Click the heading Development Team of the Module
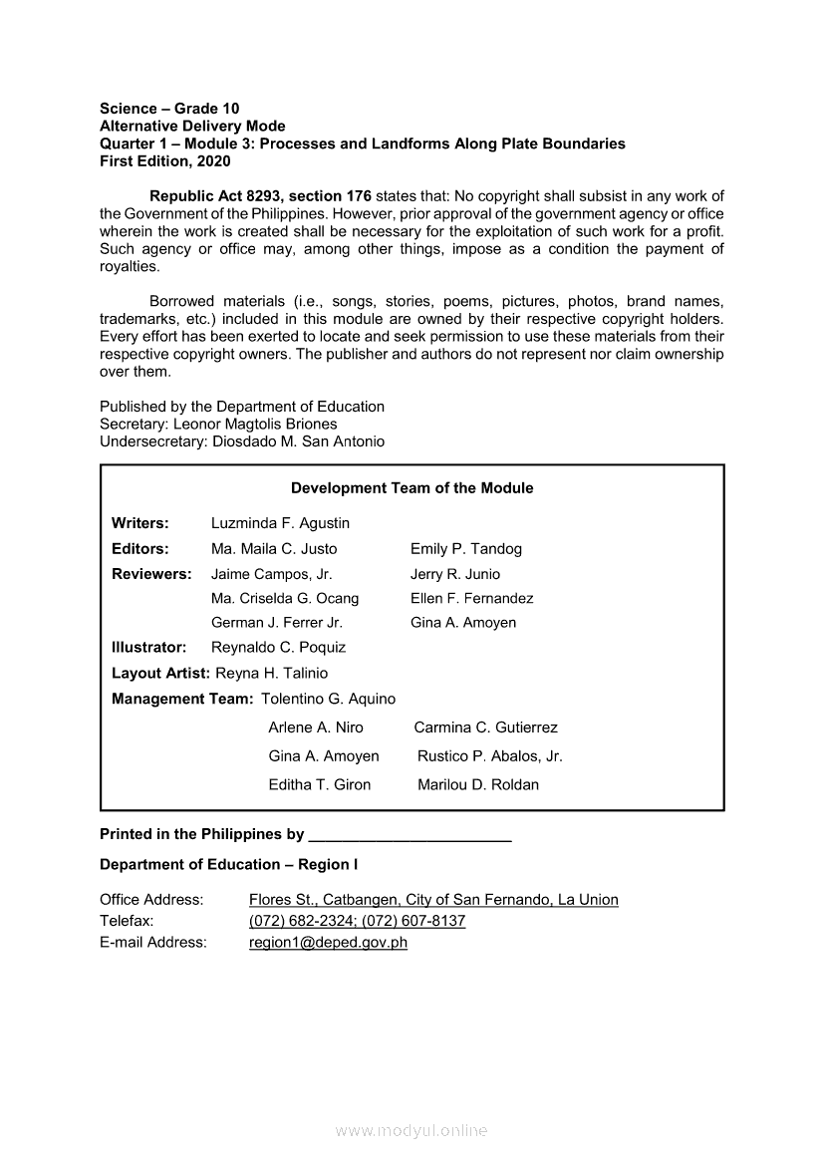click(x=411, y=488)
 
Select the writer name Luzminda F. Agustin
click(x=280, y=523)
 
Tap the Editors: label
click(x=139, y=549)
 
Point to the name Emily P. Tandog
click(x=465, y=549)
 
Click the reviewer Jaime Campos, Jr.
click(x=271, y=574)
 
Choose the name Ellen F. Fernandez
click(x=471, y=599)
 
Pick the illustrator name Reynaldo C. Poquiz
click(x=278, y=648)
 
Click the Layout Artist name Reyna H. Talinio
click(x=271, y=674)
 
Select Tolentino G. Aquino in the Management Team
click(x=328, y=700)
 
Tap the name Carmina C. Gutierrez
click(x=485, y=728)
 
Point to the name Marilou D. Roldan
click(x=477, y=785)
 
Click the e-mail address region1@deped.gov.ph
click(x=328, y=943)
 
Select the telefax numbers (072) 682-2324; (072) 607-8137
click(x=357, y=921)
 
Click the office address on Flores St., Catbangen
click(x=433, y=900)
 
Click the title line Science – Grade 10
click(x=169, y=109)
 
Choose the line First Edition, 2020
click(x=164, y=160)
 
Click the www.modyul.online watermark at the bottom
click(x=411, y=1131)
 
